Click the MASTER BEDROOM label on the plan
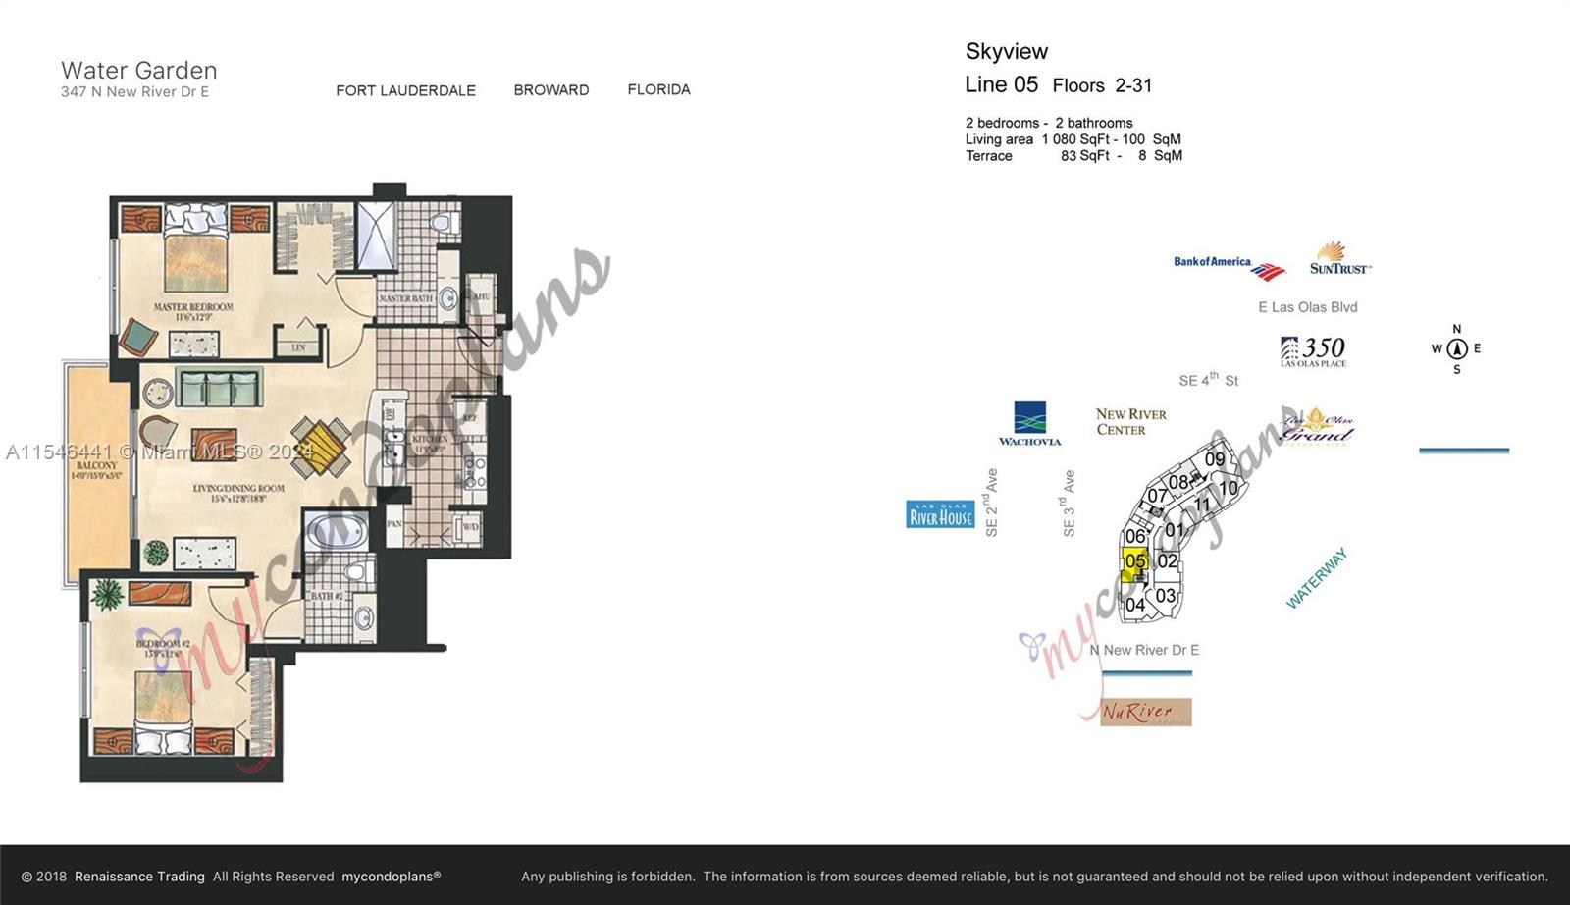tap(193, 311)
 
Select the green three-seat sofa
tap(219, 389)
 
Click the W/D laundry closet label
tap(469, 528)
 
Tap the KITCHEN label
tap(430, 442)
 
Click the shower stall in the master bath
tap(374, 236)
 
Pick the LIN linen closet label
tap(298, 347)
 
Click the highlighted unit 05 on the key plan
tap(1135, 562)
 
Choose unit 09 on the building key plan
tap(1215, 458)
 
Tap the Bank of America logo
tap(1228, 265)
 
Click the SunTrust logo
tap(1338, 259)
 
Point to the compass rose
tap(1456, 348)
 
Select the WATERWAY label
tap(1317, 579)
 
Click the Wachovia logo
tap(1029, 424)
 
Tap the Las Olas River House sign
tap(940, 514)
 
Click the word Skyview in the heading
tap(1006, 51)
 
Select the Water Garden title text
tap(138, 70)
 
